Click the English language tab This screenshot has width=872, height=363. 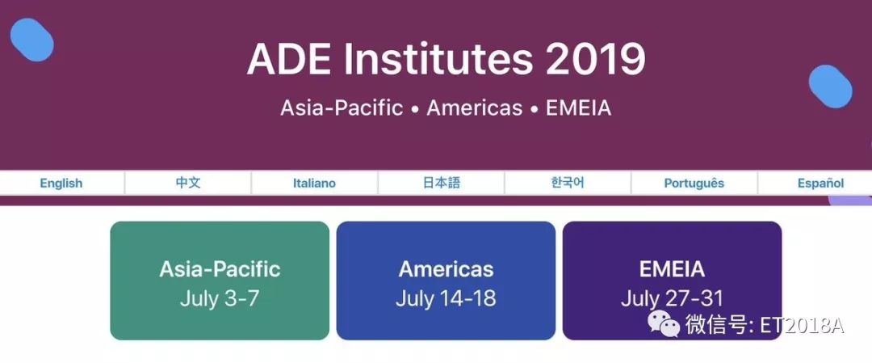(x=61, y=184)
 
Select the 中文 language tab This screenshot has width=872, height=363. (x=188, y=184)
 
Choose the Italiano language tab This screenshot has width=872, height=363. (x=314, y=184)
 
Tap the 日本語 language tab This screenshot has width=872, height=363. (x=441, y=184)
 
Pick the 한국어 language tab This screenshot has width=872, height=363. (x=568, y=184)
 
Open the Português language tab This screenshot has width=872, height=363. (x=694, y=184)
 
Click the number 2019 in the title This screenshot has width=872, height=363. (x=595, y=59)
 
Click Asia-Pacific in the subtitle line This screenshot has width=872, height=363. (x=342, y=108)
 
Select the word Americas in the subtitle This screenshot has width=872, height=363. (x=475, y=108)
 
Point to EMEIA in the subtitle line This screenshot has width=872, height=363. (x=578, y=108)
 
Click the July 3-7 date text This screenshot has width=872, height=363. (x=220, y=299)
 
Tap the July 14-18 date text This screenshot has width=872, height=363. (x=446, y=299)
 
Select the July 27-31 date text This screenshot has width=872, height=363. (x=672, y=299)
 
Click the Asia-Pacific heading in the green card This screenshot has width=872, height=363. (x=220, y=269)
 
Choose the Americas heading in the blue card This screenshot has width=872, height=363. (x=446, y=269)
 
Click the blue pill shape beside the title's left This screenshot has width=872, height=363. (x=31, y=40)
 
